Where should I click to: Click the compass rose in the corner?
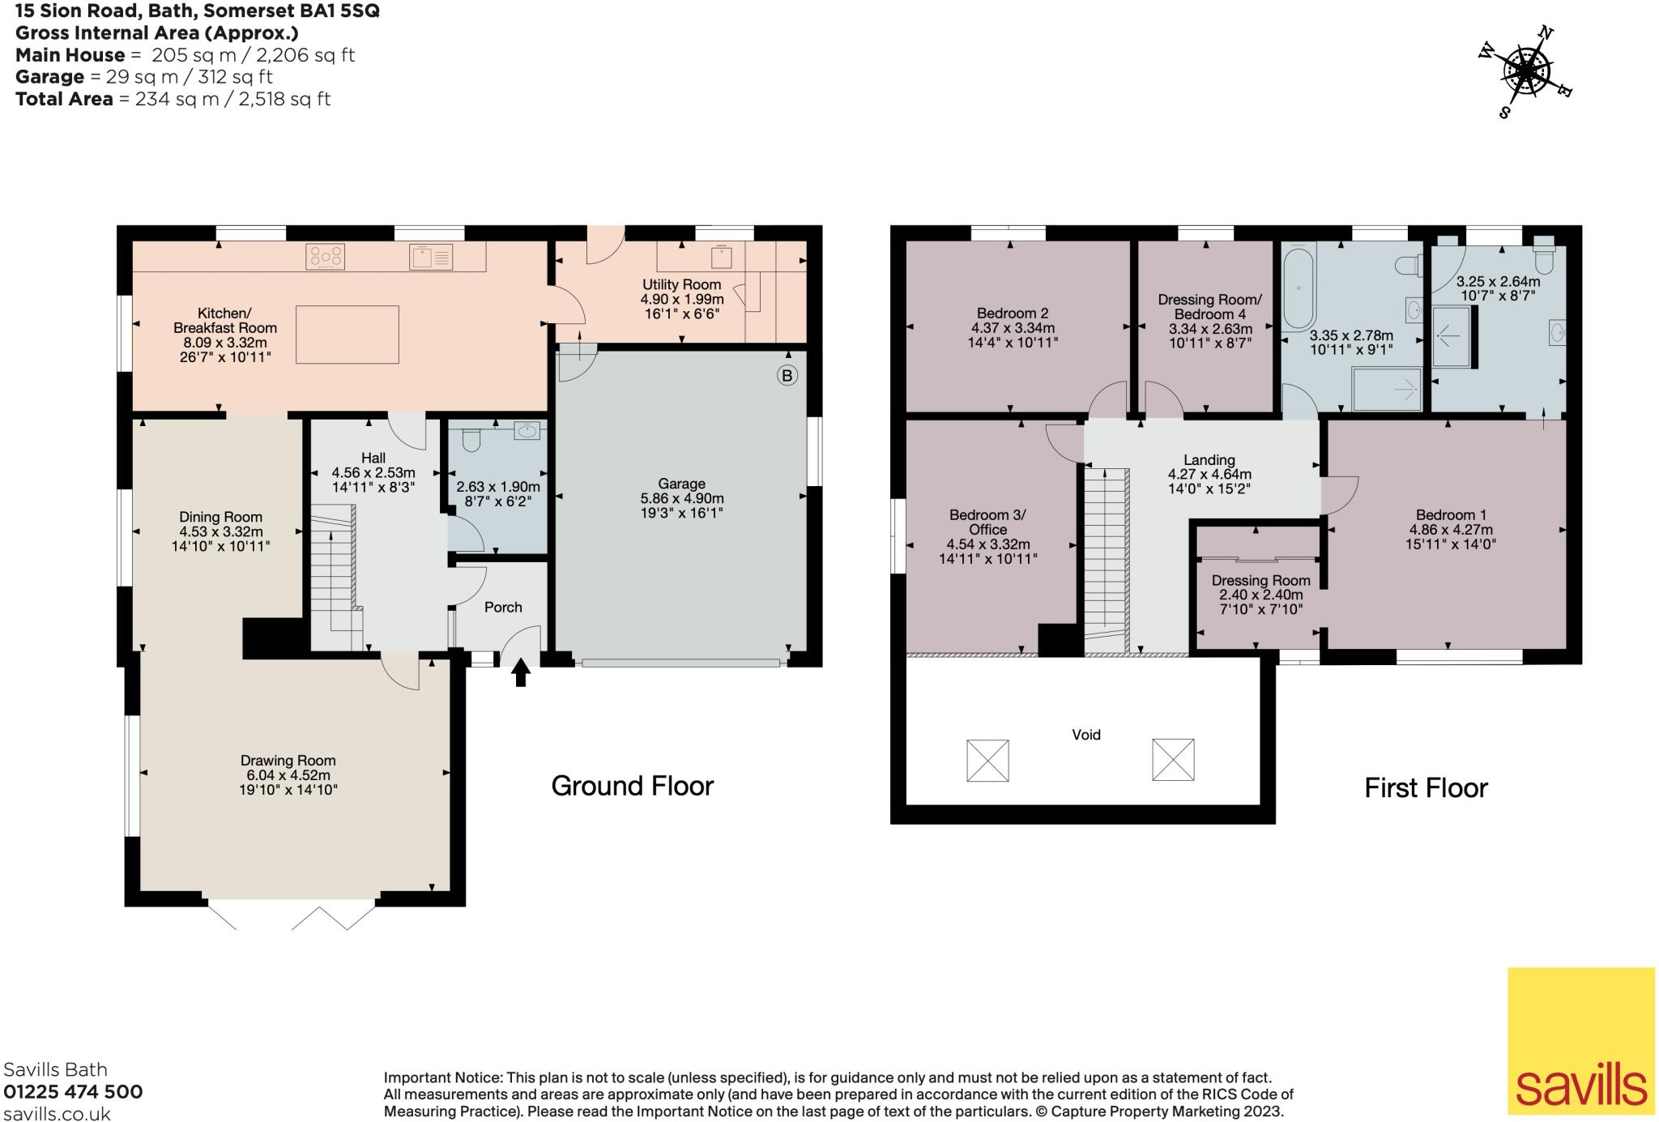[x=1526, y=72]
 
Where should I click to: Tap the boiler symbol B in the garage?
[x=787, y=375]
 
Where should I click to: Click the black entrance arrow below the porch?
[x=520, y=672]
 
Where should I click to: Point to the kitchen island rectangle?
[x=347, y=335]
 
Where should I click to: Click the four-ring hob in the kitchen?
[x=325, y=257]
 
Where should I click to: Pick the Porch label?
[x=503, y=607]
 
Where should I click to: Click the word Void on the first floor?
[x=1085, y=735]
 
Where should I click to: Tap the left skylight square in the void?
[x=987, y=760]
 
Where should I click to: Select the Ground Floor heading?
[x=632, y=786]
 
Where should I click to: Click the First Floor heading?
[x=1426, y=787]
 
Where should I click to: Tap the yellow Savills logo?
[x=1580, y=1040]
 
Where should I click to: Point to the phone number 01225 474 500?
[x=73, y=1092]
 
